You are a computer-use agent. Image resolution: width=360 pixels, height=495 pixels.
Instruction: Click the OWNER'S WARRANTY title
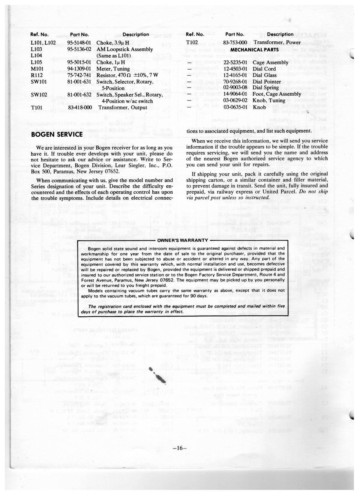(182, 240)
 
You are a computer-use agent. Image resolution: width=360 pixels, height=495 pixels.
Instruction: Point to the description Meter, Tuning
(113, 69)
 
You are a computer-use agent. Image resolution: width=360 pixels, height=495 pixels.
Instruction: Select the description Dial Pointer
(267, 82)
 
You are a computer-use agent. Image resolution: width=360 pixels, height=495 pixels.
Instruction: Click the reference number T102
(192, 43)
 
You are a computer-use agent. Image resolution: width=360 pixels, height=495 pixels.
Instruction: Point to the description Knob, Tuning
(268, 100)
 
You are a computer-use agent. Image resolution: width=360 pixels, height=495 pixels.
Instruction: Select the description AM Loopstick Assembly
(125, 49)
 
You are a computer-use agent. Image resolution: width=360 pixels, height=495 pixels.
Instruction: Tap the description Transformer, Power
(277, 43)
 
